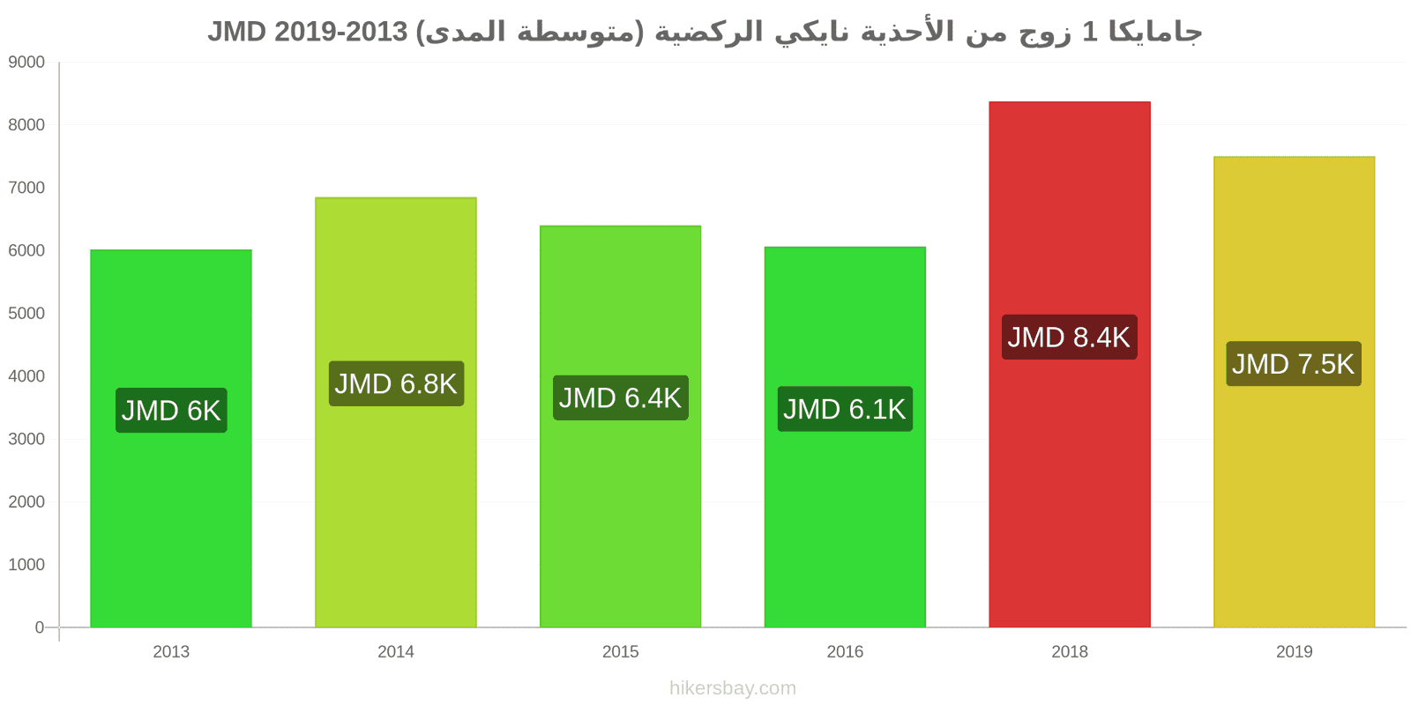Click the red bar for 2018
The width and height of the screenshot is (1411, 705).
pyautogui.click(x=1070, y=365)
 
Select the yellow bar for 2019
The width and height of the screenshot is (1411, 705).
pyautogui.click(x=1295, y=391)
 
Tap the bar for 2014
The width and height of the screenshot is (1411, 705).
pyautogui.click(x=396, y=412)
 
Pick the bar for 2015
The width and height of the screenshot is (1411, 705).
pyautogui.click(x=621, y=427)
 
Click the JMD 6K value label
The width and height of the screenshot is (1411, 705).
pyautogui.click(x=171, y=411)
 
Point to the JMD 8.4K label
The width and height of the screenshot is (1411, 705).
pyautogui.click(x=1070, y=338)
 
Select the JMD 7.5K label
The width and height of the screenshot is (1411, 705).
pyautogui.click(x=1294, y=364)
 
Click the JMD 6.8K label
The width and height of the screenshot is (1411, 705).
pyautogui.click(x=396, y=383)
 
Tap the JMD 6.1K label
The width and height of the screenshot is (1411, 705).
pyautogui.click(x=845, y=409)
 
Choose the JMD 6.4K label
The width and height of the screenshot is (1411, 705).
pyautogui.click(x=621, y=397)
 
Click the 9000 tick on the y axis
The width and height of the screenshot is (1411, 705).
pyautogui.click(x=26, y=63)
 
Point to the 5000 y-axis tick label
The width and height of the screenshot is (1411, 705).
pyautogui.click(x=26, y=314)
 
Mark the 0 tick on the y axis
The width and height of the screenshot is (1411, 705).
pyautogui.click(x=40, y=627)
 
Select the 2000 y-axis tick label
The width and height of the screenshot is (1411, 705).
pyautogui.click(x=26, y=501)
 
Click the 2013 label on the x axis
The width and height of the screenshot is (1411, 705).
pyautogui.click(x=171, y=651)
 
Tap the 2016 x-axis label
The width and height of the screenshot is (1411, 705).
pyautogui.click(x=845, y=651)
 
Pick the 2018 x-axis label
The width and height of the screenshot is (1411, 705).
pyautogui.click(x=1070, y=651)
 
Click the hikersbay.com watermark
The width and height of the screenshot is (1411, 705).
pyautogui.click(x=733, y=688)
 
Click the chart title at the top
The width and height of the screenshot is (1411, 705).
pyautogui.click(x=705, y=32)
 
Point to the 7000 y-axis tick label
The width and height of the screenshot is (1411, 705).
pyautogui.click(x=26, y=188)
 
